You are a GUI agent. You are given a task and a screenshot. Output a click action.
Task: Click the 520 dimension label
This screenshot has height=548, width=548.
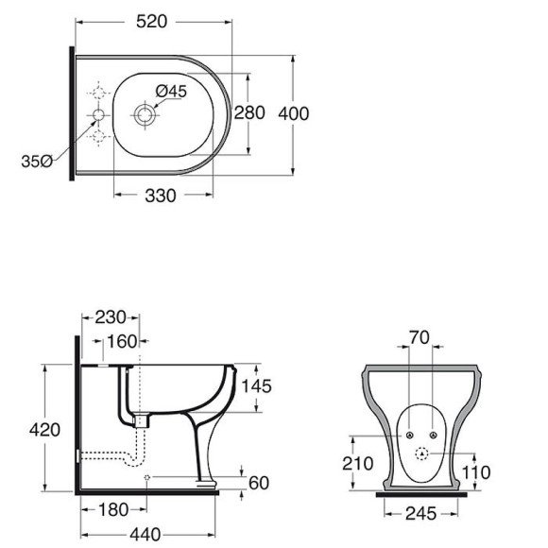point(152,22)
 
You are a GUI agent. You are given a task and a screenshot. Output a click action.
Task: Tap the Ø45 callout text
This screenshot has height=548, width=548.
point(171,92)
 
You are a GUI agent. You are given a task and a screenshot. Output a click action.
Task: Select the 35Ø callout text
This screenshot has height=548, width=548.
point(37,162)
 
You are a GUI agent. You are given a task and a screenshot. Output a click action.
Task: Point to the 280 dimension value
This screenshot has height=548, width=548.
point(249,112)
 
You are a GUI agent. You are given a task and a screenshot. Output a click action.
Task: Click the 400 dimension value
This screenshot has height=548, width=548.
point(294,114)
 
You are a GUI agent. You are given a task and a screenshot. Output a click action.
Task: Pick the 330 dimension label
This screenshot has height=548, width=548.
point(161,196)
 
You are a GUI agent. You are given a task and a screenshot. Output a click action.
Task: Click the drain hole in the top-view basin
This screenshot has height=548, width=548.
point(145,115)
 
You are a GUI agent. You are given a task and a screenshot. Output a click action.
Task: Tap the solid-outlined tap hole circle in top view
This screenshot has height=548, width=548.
point(98,115)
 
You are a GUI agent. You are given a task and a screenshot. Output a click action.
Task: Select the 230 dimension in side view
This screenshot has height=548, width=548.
point(111,317)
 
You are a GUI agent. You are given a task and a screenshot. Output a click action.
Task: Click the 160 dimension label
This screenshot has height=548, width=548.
point(122,341)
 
